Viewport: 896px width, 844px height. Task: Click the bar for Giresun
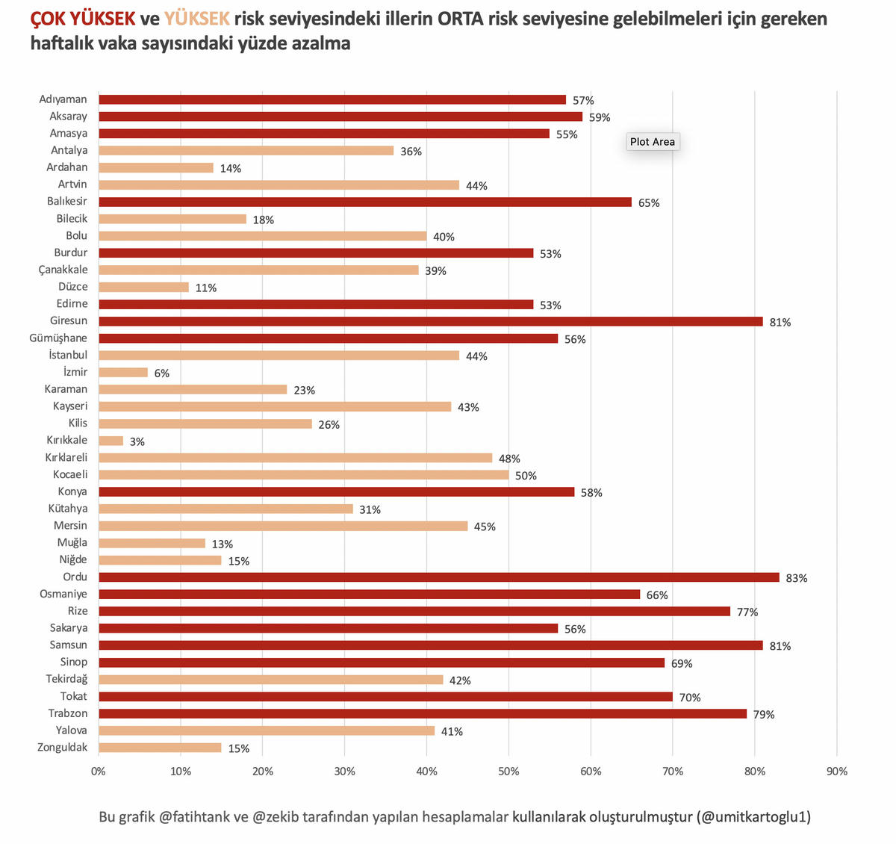(x=430, y=321)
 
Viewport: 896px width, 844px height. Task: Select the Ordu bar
(x=438, y=577)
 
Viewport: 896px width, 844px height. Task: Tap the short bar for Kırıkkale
(x=111, y=441)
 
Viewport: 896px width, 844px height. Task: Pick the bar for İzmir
(x=123, y=372)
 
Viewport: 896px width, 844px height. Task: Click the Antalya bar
(x=246, y=151)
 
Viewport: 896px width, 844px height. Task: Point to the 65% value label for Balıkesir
(x=649, y=203)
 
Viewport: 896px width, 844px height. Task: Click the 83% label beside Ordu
(x=797, y=578)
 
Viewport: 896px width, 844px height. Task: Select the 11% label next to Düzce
(x=206, y=288)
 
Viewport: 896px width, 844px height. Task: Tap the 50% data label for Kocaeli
(x=526, y=476)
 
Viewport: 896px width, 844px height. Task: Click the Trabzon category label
(x=68, y=713)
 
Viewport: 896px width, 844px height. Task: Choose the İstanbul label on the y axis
(x=68, y=355)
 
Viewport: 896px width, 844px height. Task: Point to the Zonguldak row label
(x=62, y=748)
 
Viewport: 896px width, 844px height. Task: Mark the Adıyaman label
(x=63, y=99)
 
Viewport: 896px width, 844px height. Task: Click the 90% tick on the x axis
(x=837, y=772)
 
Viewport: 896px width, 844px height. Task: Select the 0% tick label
(x=99, y=772)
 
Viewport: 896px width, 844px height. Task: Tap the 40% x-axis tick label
(x=426, y=772)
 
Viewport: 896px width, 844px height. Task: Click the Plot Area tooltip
(x=653, y=142)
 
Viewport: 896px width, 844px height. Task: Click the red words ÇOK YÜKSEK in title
(x=83, y=19)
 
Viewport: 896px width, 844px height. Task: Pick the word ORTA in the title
(x=461, y=19)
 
